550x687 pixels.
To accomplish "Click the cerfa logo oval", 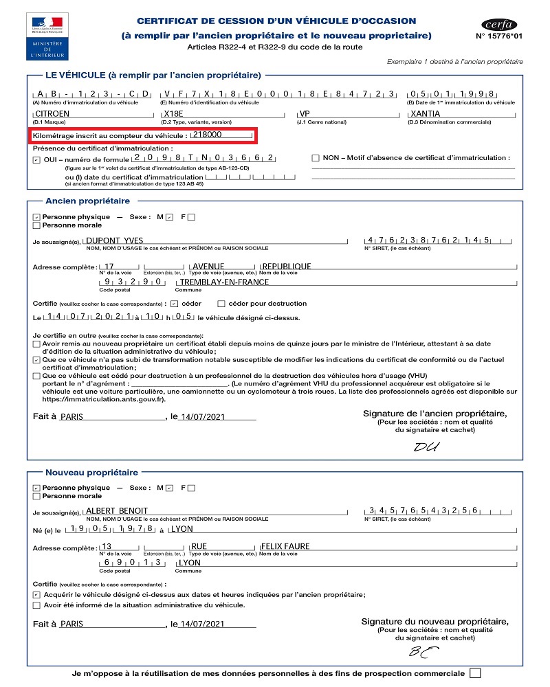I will coord(499,24).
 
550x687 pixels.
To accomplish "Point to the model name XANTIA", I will coord(426,113).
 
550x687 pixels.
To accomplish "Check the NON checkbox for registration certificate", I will coord(316,158).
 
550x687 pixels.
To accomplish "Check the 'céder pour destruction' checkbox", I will coord(221,303).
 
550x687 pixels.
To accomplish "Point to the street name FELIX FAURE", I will coord(286,546).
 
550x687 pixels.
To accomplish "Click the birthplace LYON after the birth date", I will coord(181,529).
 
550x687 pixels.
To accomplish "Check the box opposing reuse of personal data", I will coord(474,673).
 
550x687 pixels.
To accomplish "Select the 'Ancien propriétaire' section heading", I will coord(87,201).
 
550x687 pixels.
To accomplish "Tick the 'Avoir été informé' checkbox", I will coord(36,605).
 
